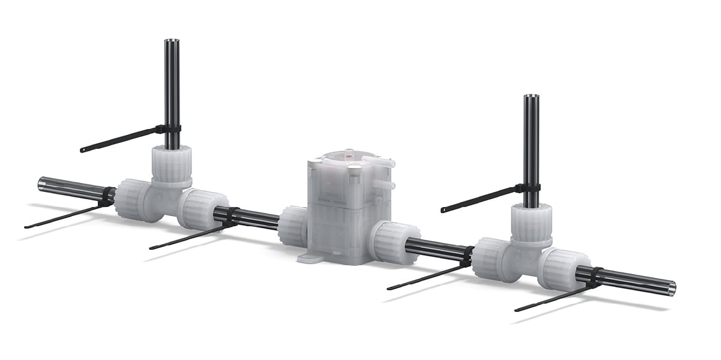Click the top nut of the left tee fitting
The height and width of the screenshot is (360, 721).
click(171, 162)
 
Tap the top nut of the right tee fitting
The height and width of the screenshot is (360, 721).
click(531, 220)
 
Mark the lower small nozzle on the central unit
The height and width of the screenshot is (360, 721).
click(388, 184)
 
